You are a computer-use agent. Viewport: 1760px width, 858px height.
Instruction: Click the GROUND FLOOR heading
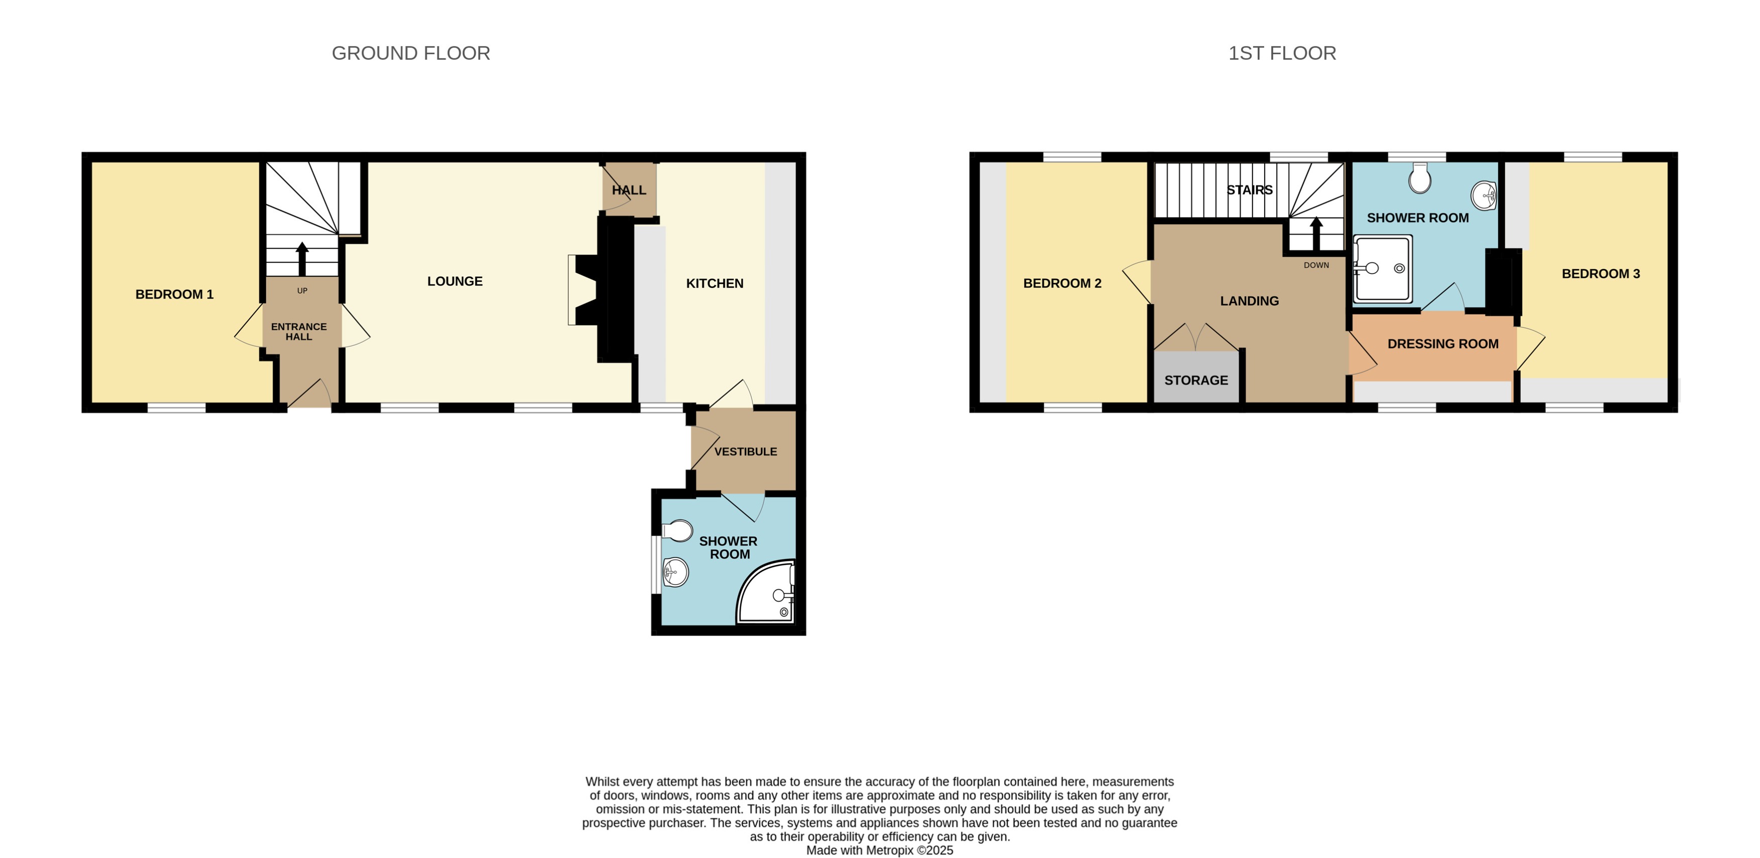(x=411, y=53)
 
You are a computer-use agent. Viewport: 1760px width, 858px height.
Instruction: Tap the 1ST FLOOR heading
(x=1282, y=53)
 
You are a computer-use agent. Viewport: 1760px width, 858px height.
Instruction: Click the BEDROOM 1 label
(x=174, y=295)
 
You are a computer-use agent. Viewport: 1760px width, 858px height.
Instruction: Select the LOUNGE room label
(x=455, y=281)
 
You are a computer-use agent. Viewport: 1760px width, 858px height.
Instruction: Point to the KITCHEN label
(x=714, y=283)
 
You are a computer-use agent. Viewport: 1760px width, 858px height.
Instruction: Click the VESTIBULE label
(x=745, y=451)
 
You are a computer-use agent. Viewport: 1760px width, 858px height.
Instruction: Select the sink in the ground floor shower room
(x=675, y=571)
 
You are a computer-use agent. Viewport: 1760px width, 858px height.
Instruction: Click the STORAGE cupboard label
(x=1196, y=380)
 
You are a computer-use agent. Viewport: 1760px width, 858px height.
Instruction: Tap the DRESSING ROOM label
(x=1442, y=344)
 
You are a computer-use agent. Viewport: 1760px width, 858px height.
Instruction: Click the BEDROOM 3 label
(x=1600, y=274)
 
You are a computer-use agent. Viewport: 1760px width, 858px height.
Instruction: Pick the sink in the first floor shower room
(x=1483, y=196)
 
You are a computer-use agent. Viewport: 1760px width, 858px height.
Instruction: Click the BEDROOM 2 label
(x=1062, y=283)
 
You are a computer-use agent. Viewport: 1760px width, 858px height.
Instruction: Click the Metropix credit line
(x=879, y=850)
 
